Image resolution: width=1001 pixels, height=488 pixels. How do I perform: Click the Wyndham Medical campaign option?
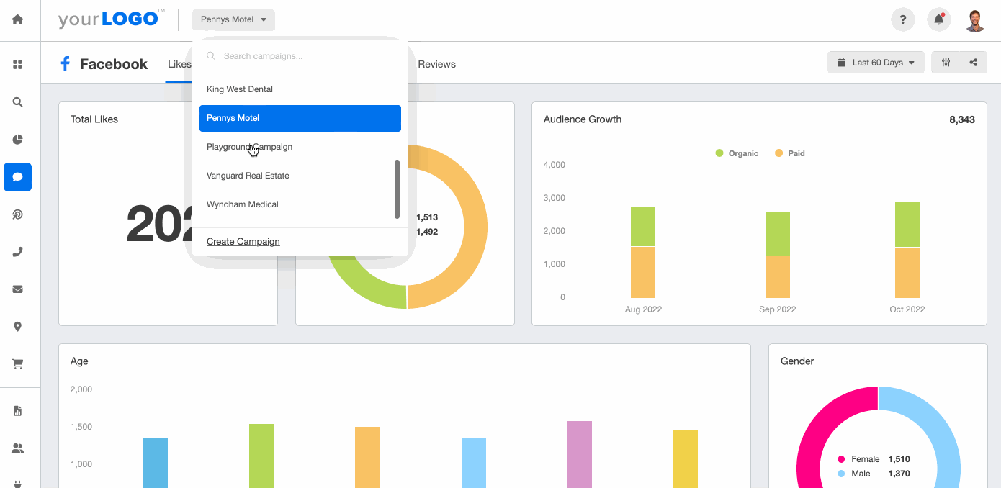point(243,204)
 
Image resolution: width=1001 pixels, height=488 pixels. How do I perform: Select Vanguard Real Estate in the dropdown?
point(248,176)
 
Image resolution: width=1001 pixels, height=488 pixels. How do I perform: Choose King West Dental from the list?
point(240,89)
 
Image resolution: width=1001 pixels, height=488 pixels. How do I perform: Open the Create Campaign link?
point(243,242)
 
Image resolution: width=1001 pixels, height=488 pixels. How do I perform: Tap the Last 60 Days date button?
point(876,63)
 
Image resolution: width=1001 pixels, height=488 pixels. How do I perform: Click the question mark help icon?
point(903,19)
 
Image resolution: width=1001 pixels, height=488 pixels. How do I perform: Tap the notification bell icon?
point(939,19)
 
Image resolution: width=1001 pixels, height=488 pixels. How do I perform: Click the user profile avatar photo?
point(975,20)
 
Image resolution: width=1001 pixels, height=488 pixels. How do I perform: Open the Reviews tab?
point(437,64)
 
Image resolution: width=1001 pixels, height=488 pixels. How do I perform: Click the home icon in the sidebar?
point(18,19)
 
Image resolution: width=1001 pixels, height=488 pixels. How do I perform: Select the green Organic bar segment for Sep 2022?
point(778,233)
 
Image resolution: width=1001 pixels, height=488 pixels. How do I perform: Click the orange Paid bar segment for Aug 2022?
point(643,272)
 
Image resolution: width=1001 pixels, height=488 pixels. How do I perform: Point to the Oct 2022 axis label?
point(907,309)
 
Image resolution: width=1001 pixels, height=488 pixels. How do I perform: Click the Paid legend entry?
point(790,153)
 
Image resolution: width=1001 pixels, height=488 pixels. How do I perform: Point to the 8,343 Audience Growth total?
point(962,119)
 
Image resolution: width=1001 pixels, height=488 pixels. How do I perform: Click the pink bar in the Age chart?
point(580,453)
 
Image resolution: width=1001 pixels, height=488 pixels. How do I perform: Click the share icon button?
point(974,63)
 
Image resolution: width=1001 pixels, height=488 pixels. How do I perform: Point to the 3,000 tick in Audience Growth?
point(554,198)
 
